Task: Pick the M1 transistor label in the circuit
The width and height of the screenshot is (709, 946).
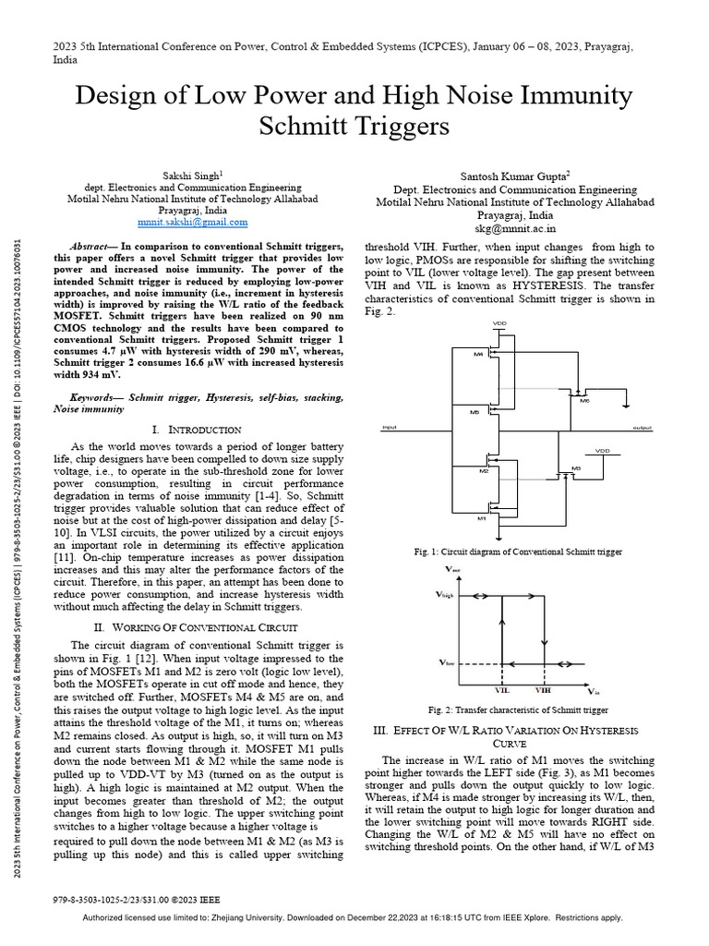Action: pyautogui.click(x=481, y=519)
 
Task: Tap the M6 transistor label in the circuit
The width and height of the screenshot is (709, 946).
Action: pyautogui.click(x=583, y=400)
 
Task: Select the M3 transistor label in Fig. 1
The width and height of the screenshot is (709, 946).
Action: pyautogui.click(x=576, y=468)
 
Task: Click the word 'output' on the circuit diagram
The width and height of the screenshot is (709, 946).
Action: pyautogui.click(x=642, y=429)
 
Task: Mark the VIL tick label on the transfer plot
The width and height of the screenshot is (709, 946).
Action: pyautogui.click(x=502, y=690)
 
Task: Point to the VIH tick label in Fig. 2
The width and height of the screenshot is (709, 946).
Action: pyautogui.click(x=543, y=690)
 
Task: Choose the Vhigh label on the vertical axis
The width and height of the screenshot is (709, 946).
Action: pyautogui.click(x=446, y=597)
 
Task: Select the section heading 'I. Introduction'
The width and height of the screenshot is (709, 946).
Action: pyautogui.click(x=196, y=430)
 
